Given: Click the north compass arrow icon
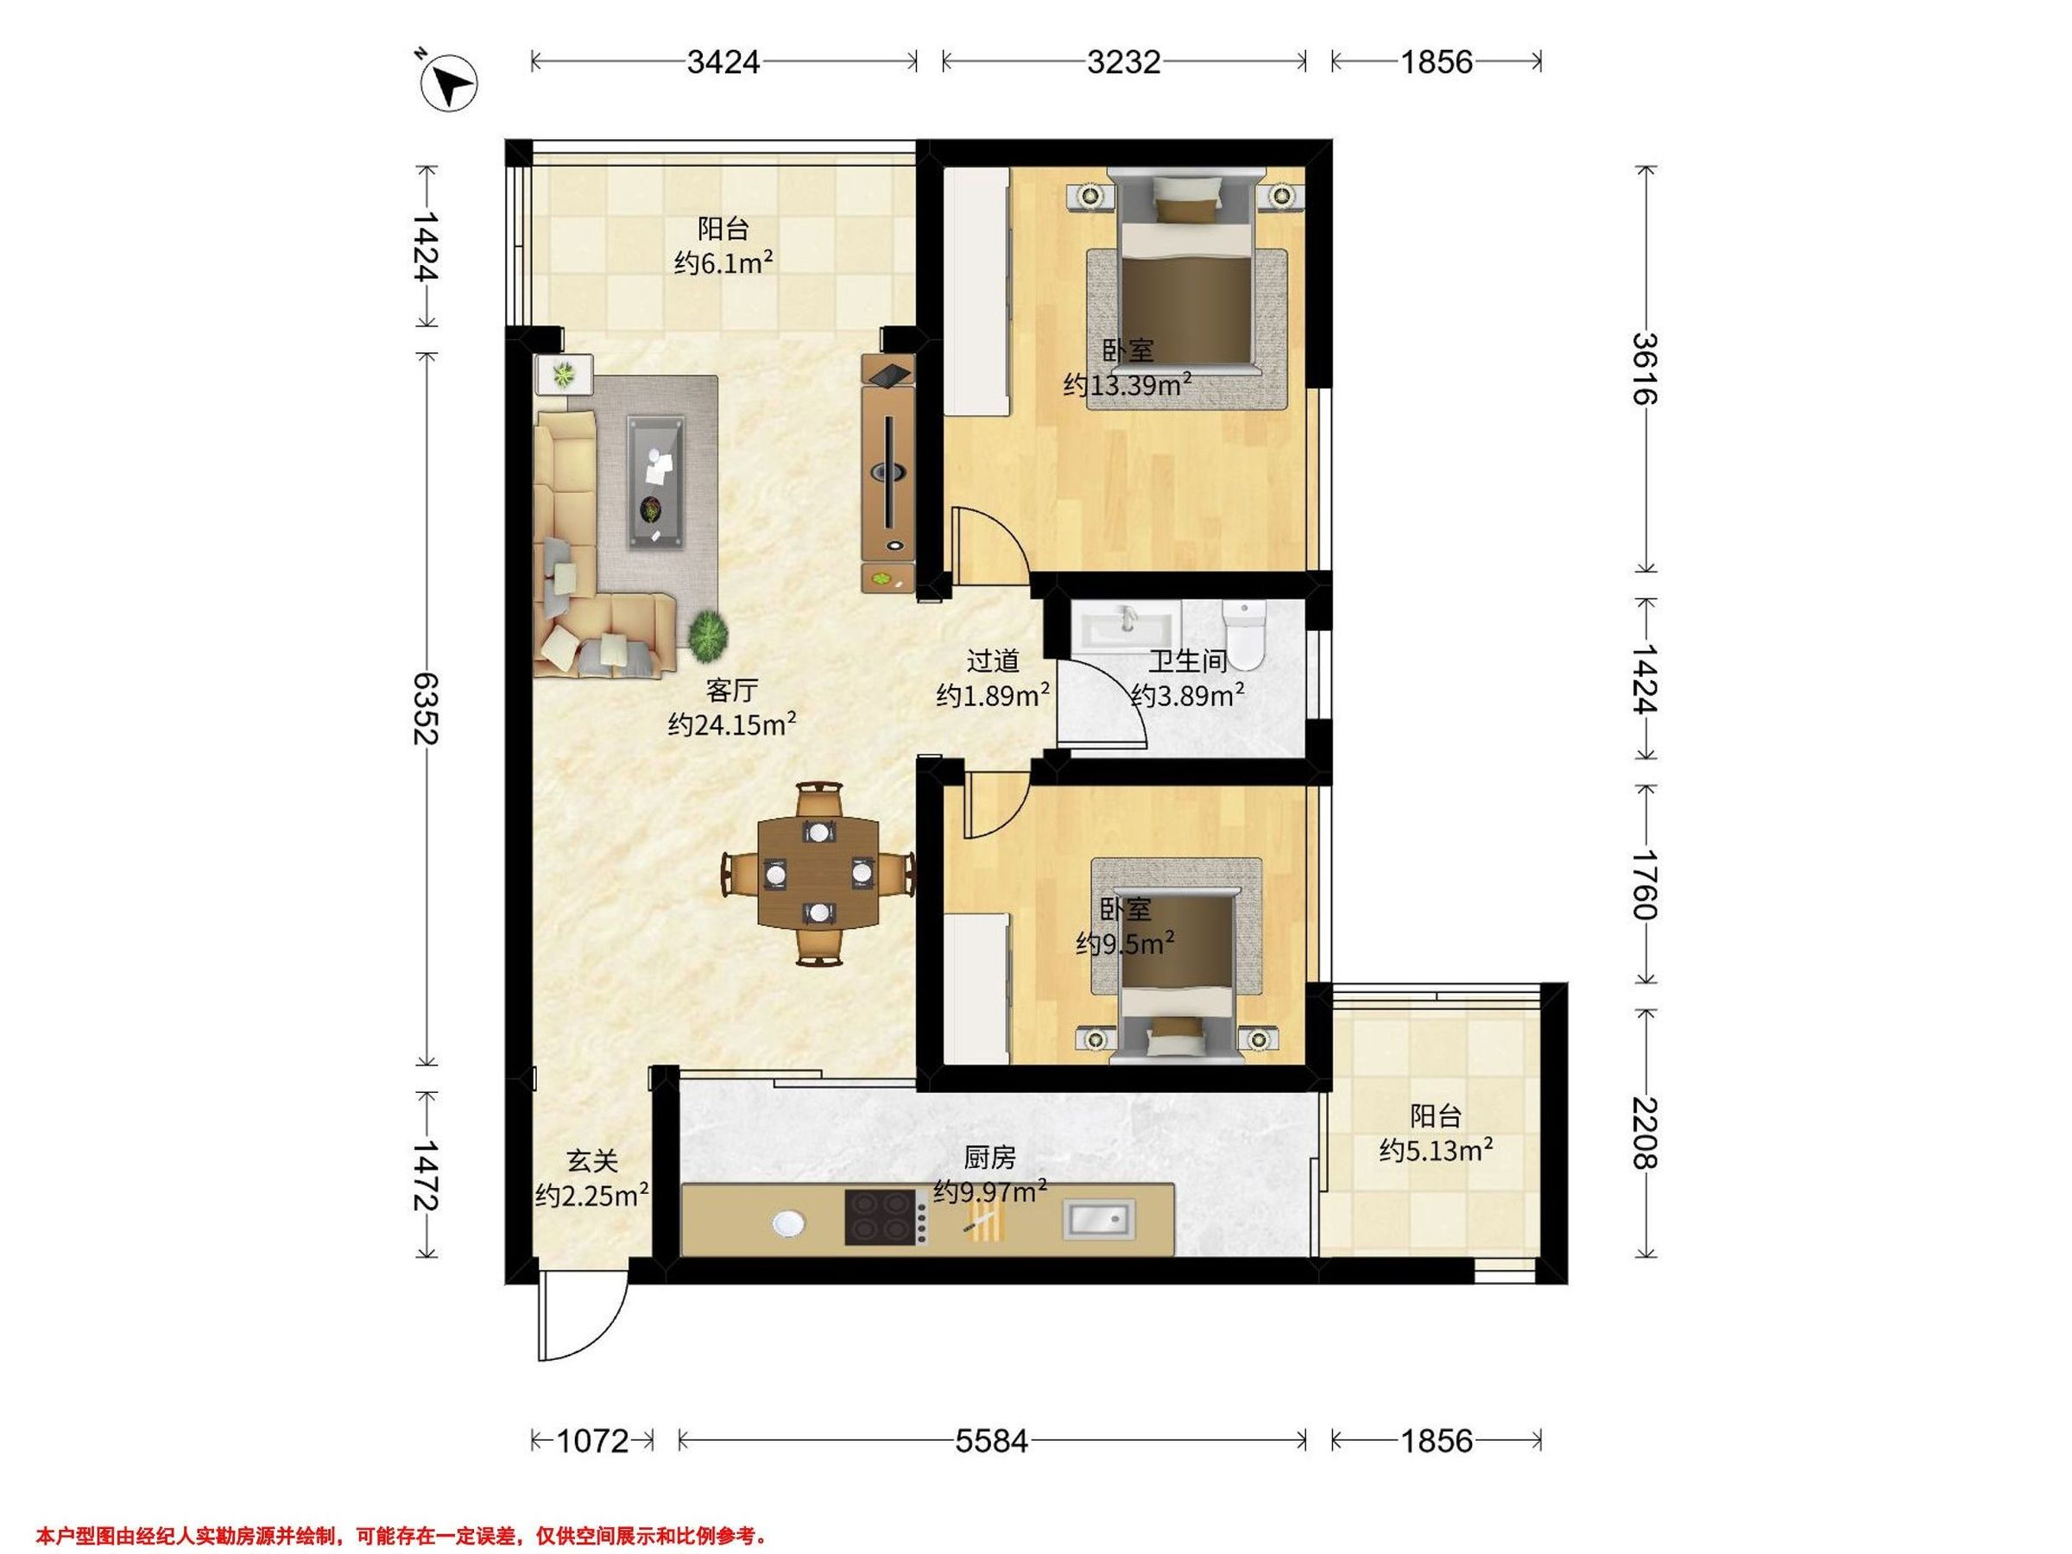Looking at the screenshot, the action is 450,81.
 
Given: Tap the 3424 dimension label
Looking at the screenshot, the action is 723,62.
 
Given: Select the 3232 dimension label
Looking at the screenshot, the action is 1124,62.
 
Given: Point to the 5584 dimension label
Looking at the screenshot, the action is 992,1441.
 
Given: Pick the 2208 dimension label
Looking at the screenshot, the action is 1645,1134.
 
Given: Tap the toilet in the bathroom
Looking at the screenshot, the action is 1244,635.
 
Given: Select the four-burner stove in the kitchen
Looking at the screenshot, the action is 880,1217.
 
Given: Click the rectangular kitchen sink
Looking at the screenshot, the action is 1098,1220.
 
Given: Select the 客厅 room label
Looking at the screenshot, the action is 731,692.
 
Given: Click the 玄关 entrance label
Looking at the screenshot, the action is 592,1161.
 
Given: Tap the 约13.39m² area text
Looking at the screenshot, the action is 1128,384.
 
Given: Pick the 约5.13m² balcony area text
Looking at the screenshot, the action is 1436,1149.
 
